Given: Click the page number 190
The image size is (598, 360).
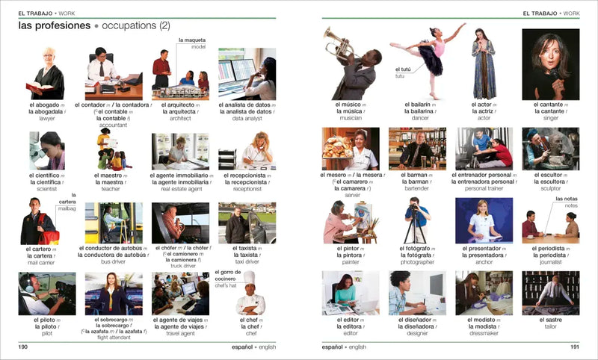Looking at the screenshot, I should (x=23, y=347).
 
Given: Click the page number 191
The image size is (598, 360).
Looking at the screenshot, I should (x=574, y=347).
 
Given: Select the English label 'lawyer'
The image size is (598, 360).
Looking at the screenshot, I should (x=47, y=118).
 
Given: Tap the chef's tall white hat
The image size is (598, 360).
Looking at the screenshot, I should (x=249, y=277).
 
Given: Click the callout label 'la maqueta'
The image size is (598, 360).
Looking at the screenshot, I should (x=191, y=40).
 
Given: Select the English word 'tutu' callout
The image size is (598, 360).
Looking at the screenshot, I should (x=400, y=76).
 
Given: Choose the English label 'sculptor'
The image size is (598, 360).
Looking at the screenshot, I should (x=551, y=190).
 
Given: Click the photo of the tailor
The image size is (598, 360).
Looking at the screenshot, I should (x=550, y=293).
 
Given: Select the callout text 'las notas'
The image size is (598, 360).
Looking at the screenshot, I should (x=567, y=199).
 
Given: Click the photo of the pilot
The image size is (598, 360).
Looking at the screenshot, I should (x=47, y=293).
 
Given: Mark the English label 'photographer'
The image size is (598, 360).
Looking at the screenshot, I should (x=417, y=262).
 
